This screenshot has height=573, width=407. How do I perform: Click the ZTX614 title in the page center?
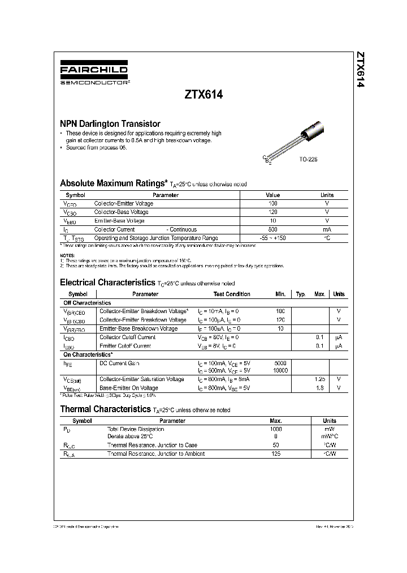click(203, 96)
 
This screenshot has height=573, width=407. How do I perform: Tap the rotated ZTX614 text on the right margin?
click(360, 70)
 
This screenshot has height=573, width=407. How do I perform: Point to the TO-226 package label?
click(308, 160)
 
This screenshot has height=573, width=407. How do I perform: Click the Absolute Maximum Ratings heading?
click(113, 183)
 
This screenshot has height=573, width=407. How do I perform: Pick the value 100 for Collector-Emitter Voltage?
click(273, 203)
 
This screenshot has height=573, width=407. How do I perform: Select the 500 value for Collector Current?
click(273, 229)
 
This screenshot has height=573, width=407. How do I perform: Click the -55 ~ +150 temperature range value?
click(273, 238)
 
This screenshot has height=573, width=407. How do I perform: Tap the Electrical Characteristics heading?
click(107, 282)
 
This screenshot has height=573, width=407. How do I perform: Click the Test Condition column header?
click(232, 294)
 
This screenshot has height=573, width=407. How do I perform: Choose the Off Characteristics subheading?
click(87, 303)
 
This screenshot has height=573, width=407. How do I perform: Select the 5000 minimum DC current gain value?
click(280, 363)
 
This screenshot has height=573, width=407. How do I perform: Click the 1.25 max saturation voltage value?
click(320, 379)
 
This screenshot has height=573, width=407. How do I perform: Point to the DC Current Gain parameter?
click(119, 363)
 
